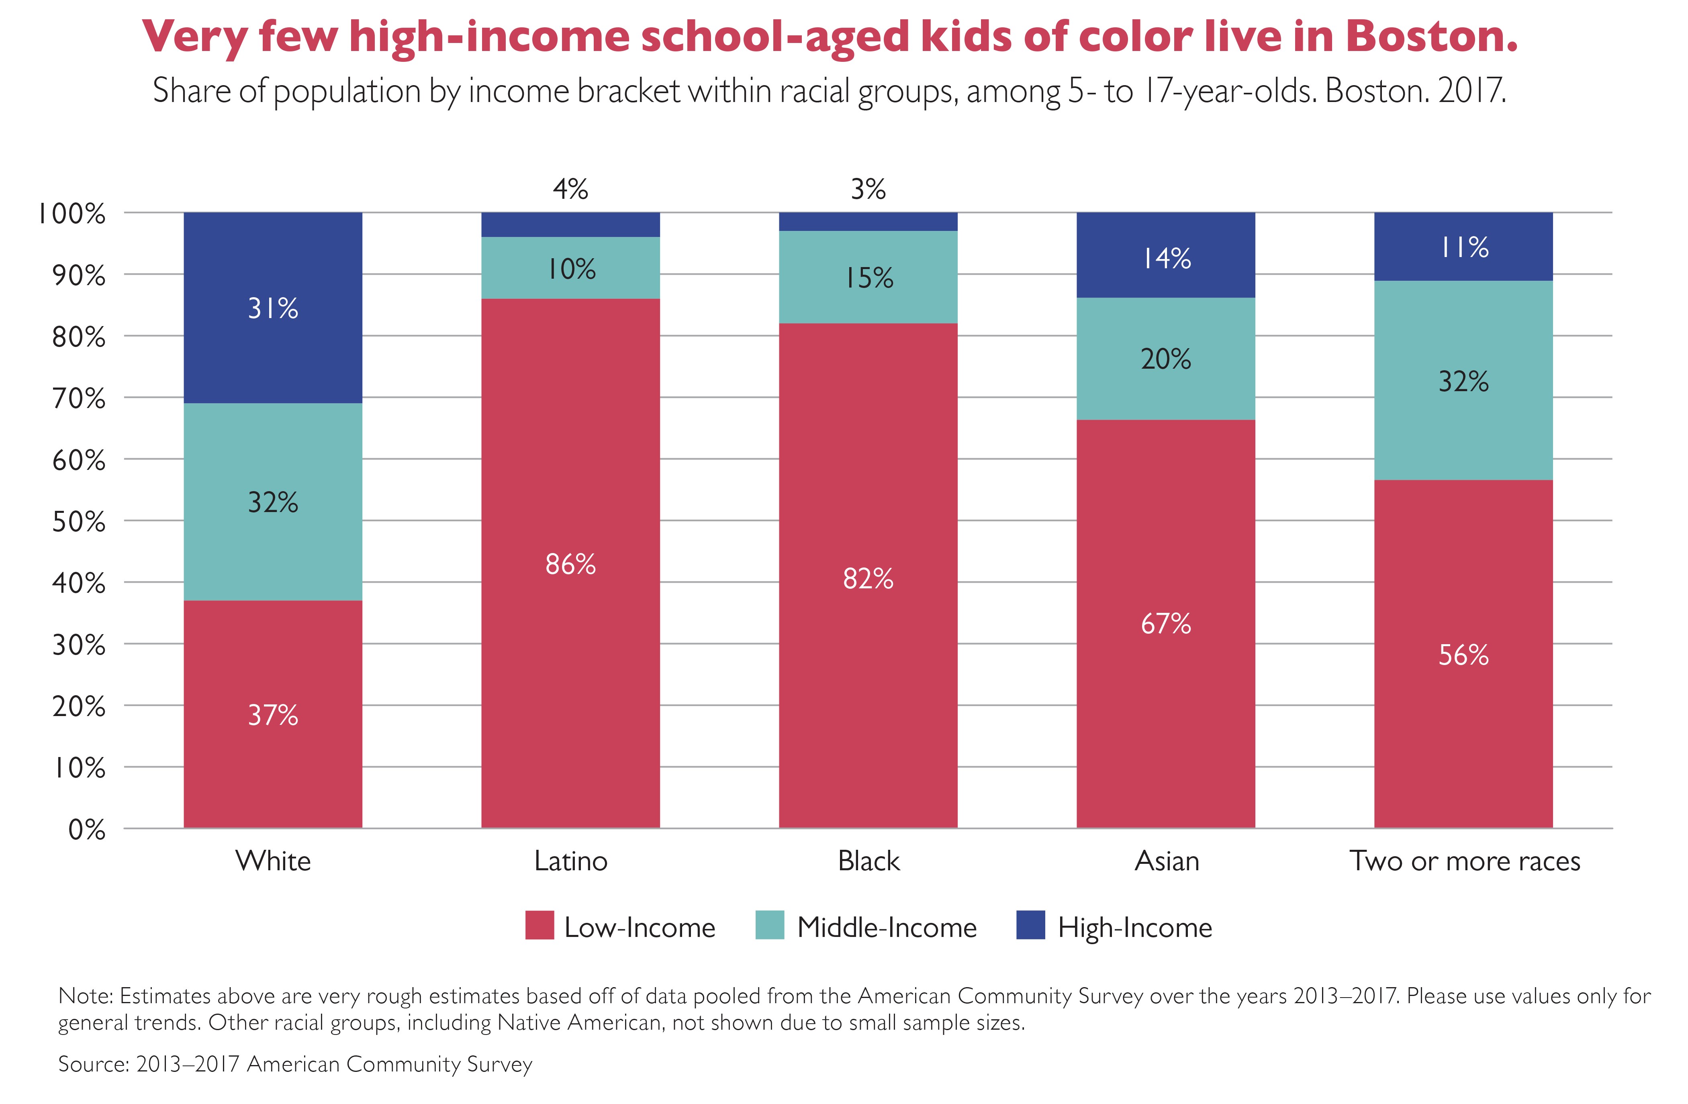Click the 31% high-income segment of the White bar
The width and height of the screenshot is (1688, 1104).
click(273, 308)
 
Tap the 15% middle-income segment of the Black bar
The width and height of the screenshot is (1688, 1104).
click(868, 277)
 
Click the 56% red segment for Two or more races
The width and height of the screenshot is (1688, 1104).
click(1463, 654)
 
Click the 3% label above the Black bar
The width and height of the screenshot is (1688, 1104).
click(868, 189)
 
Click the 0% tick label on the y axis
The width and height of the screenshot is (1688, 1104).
click(86, 830)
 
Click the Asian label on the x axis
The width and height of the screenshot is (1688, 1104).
click(1167, 861)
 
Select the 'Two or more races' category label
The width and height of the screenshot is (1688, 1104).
click(1465, 861)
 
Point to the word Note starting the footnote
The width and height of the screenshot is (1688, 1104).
click(85, 996)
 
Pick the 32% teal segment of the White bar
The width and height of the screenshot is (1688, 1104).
click(273, 502)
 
